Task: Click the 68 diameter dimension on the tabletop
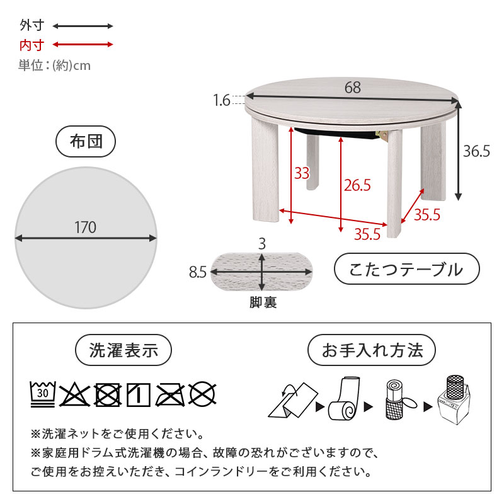click(x=353, y=88)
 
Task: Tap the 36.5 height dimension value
click(x=476, y=152)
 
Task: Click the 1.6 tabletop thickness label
click(x=222, y=100)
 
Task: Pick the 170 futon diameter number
click(x=85, y=227)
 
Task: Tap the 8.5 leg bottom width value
click(x=198, y=272)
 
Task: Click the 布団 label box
click(x=85, y=142)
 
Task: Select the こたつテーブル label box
click(x=406, y=270)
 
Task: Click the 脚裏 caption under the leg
click(x=262, y=302)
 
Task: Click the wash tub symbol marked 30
click(x=43, y=394)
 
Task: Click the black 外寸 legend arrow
click(x=83, y=26)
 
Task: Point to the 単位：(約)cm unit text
click(x=54, y=65)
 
